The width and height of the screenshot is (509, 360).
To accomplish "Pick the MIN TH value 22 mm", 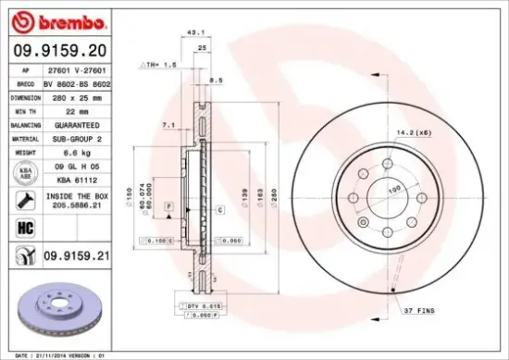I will (68, 111).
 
